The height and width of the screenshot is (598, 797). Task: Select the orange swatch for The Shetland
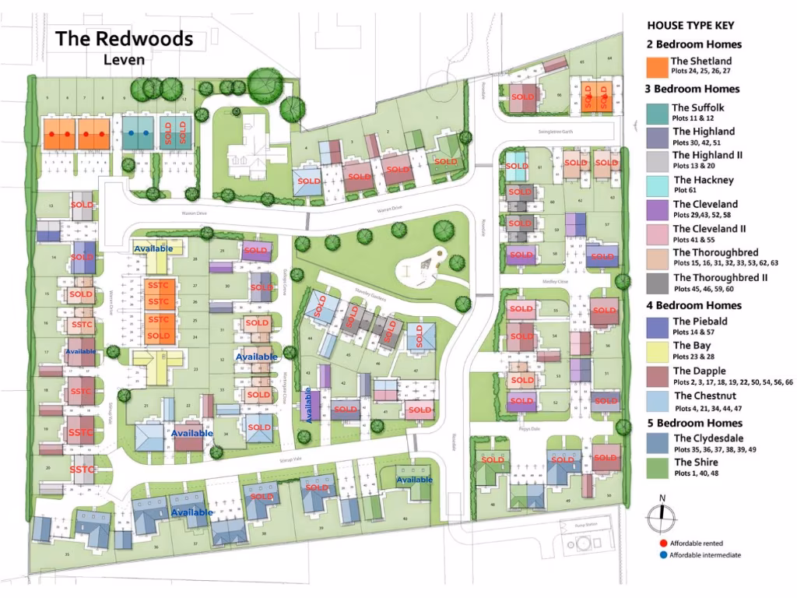pyautogui.click(x=657, y=67)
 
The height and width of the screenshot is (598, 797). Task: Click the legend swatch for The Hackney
pyautogui.click(x=657, y=185)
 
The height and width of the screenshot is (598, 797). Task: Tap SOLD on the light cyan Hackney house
pyautogui.click(x=516, y=166)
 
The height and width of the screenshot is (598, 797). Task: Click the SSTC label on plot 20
pyautogui.click(x=82, y=470)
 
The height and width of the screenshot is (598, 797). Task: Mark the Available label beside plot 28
pyautogui.click(x=153, y=248)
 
